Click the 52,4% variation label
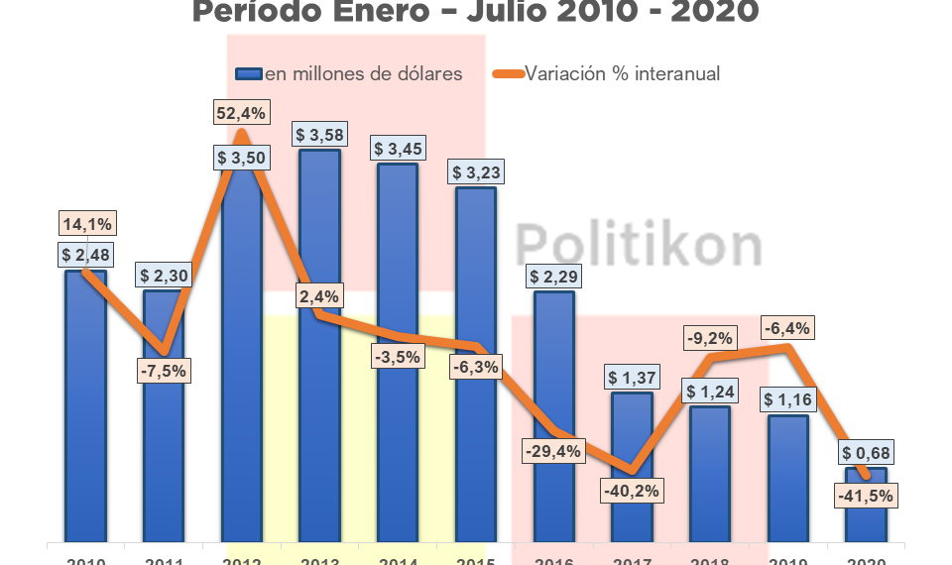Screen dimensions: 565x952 pos(241,113)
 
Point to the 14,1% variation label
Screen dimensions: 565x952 pos(85,222)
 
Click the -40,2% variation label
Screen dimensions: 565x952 pos(633,491)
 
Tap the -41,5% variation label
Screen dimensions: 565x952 pos(867,495)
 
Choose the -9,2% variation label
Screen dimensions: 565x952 pos(710,338)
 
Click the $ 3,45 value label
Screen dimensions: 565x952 pos(398,149)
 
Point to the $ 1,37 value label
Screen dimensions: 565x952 pos(633,378)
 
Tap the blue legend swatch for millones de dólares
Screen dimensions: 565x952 pos(248,74)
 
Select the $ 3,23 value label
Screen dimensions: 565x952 pos(476,171)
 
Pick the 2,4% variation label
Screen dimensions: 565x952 pos(319,295)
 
